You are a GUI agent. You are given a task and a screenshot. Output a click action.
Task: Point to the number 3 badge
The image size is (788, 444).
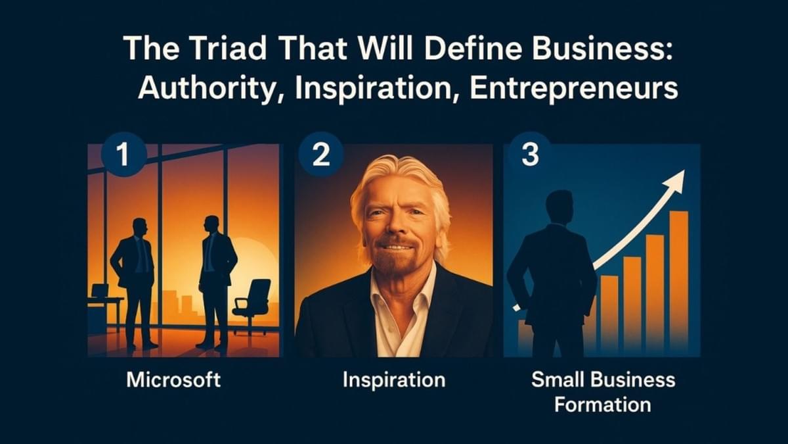(x=529, y=155)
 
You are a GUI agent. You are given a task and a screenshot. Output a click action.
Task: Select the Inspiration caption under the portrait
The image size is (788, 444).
(x=394, y=380)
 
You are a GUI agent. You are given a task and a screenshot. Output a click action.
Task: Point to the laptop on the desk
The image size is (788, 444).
(x=100, y=291)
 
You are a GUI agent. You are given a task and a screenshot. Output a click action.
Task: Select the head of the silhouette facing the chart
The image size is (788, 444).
(x=559, y=207)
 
